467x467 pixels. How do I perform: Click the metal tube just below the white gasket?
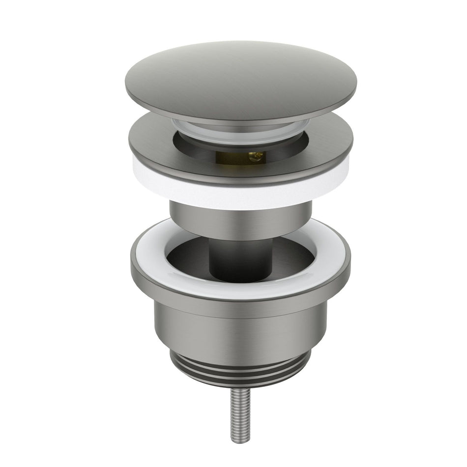(241, 219)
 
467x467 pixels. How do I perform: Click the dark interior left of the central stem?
(187, 258)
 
